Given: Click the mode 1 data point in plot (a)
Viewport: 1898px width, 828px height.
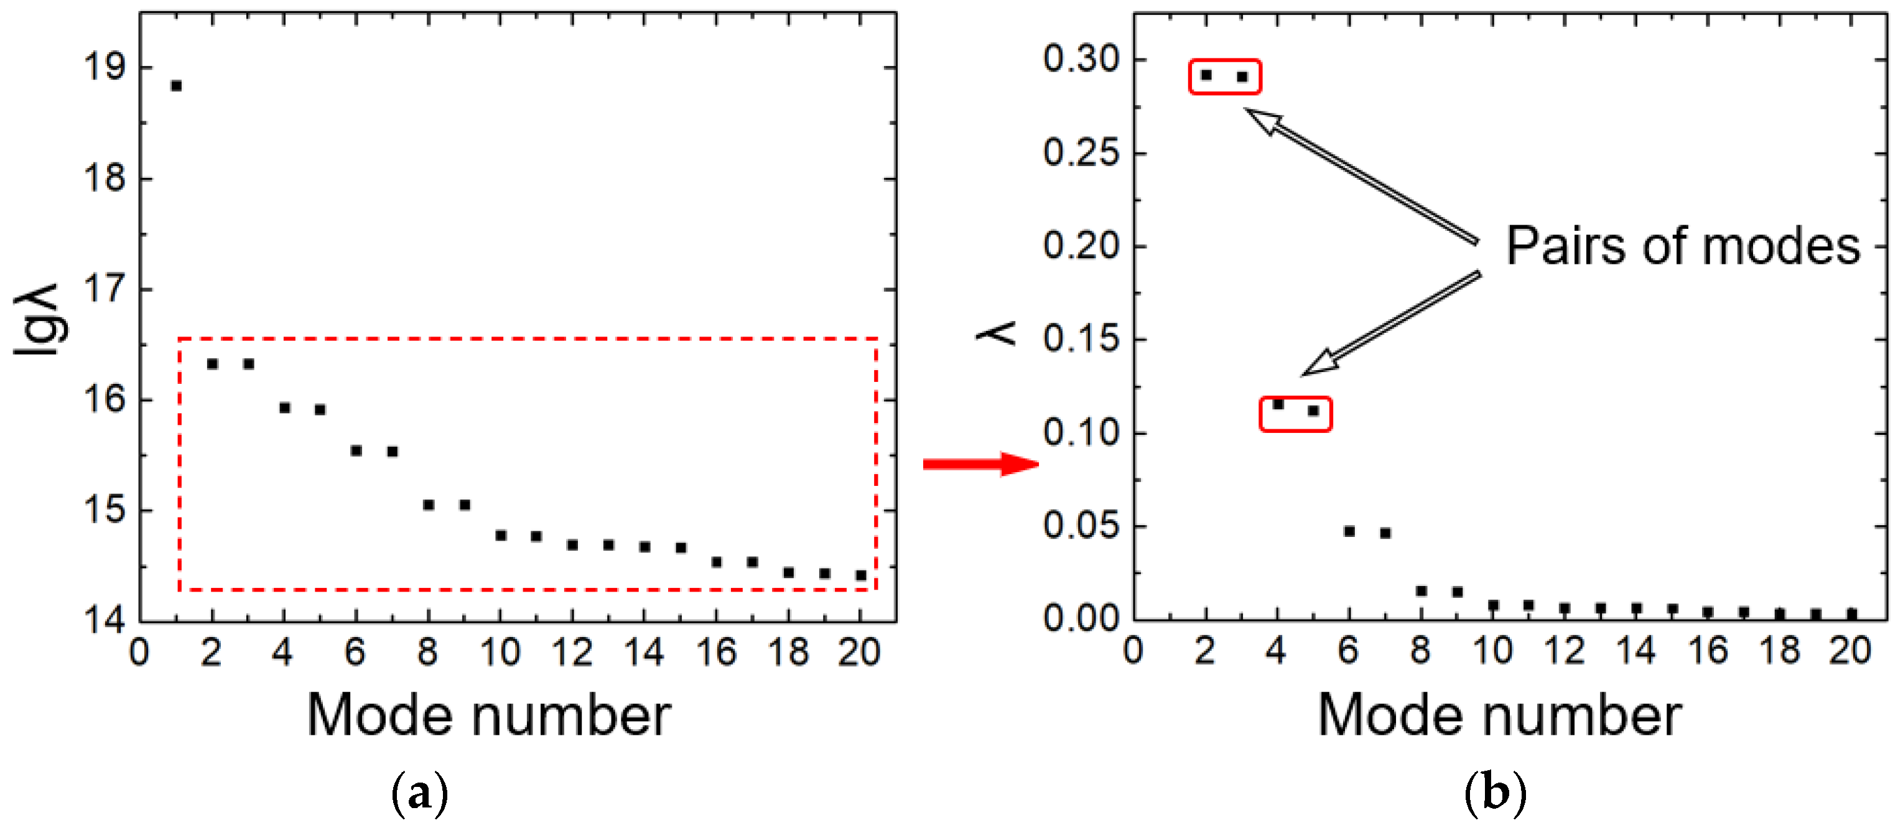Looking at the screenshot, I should (176, 86).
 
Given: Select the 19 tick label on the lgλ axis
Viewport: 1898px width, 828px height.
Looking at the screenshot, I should (105, 68).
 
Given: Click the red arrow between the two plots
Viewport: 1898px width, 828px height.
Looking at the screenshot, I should (980, 463).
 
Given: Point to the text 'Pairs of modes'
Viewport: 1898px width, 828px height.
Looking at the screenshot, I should (1683, 246).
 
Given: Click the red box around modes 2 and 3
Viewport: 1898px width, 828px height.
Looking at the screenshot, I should (1224, 77).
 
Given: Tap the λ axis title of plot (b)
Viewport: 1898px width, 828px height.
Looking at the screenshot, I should (996, 333).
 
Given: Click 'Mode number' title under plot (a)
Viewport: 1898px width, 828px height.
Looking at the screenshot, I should (488, 715).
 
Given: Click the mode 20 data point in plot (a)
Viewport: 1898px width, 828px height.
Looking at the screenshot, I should (860, 575).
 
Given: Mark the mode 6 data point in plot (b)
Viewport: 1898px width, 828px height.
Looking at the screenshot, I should (1349, 531).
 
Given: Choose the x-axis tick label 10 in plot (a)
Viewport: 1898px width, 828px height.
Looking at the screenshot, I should (500, 653).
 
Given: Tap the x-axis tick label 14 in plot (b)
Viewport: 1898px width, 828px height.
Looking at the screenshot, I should (1635, 651).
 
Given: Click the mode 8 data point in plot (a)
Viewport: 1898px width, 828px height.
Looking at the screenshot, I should (428, 505).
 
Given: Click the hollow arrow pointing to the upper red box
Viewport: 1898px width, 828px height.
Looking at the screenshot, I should (1363, 177).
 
